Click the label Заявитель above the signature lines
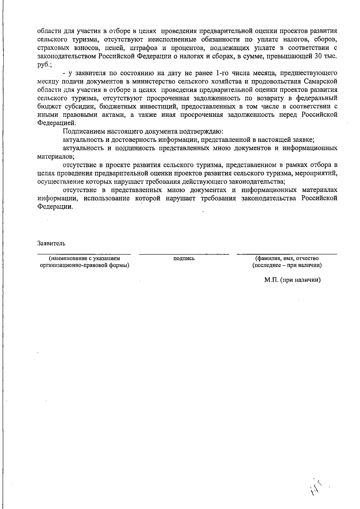click(x=51, y=243)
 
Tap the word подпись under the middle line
click(x=184, y=258)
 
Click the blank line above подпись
click(x=184, y=254)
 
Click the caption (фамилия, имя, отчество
click(x=287, y=258)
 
